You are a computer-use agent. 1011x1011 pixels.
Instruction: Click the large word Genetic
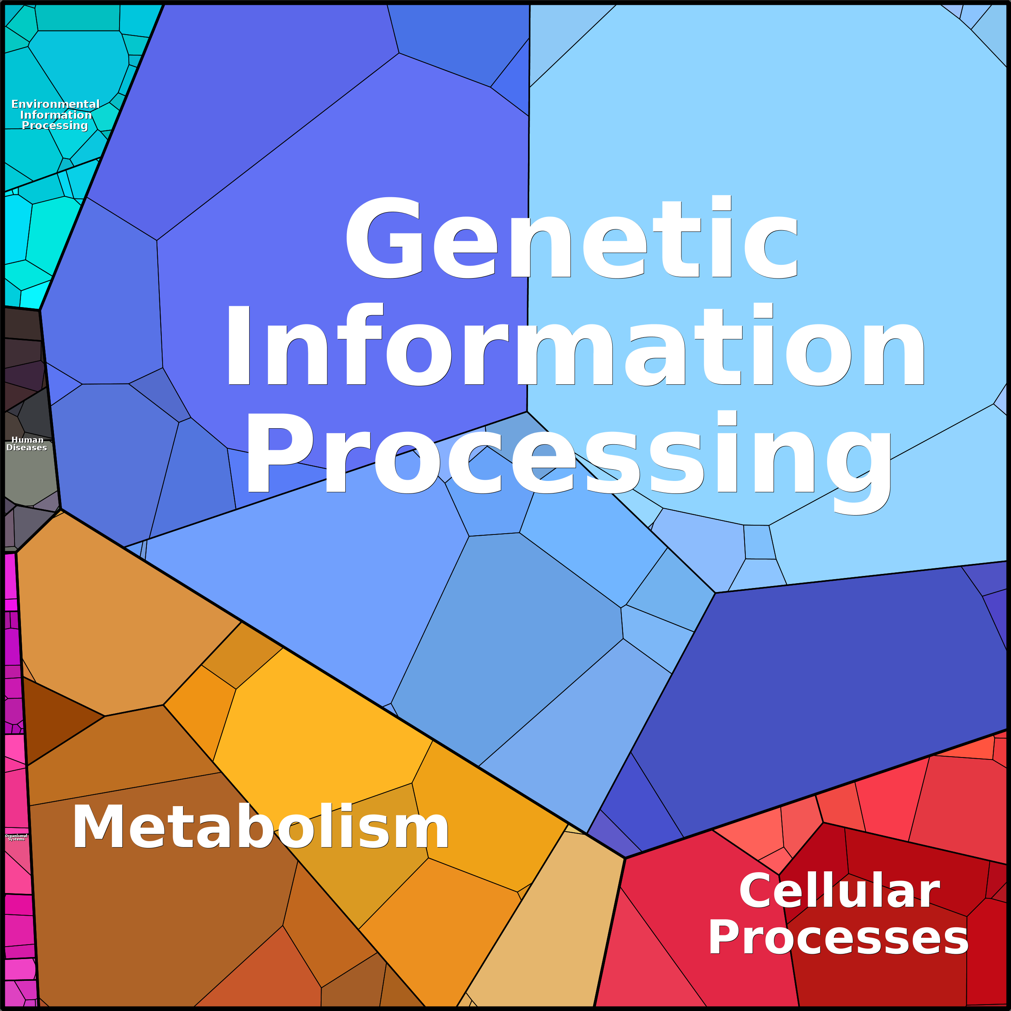coord(572,237)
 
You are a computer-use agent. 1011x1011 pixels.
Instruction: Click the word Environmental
coord(56,104)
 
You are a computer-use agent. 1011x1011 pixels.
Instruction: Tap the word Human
coord(27,439)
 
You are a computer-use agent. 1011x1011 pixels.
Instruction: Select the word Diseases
coord(27,448)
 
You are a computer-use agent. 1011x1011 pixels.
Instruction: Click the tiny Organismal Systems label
coord(16,837)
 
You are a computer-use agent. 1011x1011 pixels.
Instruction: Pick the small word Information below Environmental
coord(56,115)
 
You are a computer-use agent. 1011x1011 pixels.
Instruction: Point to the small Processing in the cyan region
coord(55,126)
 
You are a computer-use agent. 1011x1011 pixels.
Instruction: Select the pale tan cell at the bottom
coord(544,921)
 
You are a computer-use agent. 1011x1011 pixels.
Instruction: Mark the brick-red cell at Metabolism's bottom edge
coord(256,973)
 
